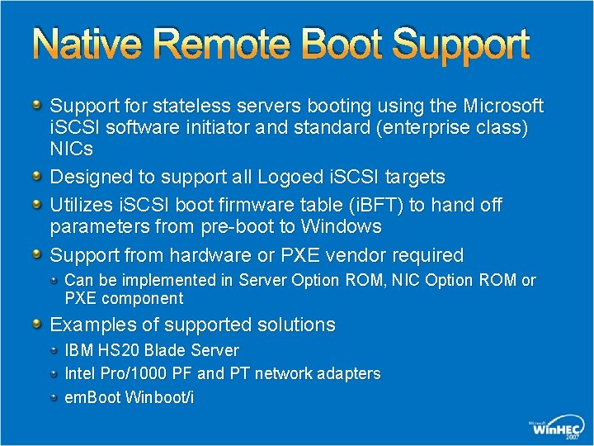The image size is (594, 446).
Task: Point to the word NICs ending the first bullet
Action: (72, 149)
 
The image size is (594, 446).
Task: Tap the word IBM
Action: (79, 350)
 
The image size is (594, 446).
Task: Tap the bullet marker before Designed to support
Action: (38, 176)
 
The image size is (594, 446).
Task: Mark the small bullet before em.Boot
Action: (54, 397)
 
